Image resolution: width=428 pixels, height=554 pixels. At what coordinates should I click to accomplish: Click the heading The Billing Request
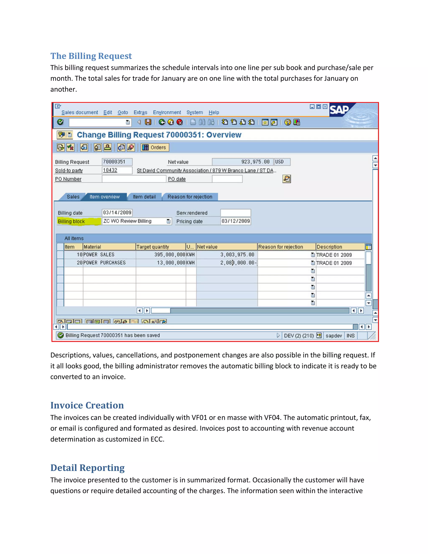click(x=91, y=56)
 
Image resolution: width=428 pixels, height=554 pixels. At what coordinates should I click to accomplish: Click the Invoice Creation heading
click(x=87, y=405)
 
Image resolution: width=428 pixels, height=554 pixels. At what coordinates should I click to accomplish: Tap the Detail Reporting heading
click(x=88, y=467)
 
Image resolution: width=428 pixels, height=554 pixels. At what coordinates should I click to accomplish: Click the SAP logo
click(x=339, y=110)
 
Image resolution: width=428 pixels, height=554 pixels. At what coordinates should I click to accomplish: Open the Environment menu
click(x=167, y=112)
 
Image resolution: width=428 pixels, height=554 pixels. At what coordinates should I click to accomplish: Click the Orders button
click(x=155, y=147)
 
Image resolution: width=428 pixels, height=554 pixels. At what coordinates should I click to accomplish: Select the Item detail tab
click(x=144, y=197)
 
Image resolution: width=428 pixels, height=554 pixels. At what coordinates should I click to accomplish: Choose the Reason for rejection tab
click(x=190, y=197)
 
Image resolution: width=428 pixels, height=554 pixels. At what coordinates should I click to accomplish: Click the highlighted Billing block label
click(x=71, y=221)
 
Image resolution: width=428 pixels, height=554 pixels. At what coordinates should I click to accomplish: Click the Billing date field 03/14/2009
click(x=117, y=213)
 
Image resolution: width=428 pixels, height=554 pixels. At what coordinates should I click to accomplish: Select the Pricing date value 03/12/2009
click(x=235, y=221)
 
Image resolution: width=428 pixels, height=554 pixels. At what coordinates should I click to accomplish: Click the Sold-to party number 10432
click(x=117, y=170)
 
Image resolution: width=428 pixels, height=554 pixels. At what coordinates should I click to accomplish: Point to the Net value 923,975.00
click(x=243, y=162)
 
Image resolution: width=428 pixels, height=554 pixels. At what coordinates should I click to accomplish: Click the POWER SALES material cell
click(x=109, y=255)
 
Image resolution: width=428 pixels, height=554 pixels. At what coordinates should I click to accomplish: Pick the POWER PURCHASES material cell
click(x=109, y=263)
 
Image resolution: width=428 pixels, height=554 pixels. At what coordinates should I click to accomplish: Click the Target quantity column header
click(x=160, y=247)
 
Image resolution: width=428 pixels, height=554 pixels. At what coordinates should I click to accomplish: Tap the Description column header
click(x=340, y=247)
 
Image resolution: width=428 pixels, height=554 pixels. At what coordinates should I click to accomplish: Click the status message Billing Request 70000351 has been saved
click(x=113, y=335)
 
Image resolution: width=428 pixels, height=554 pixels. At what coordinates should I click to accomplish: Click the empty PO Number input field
click(x=134, y=179)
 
